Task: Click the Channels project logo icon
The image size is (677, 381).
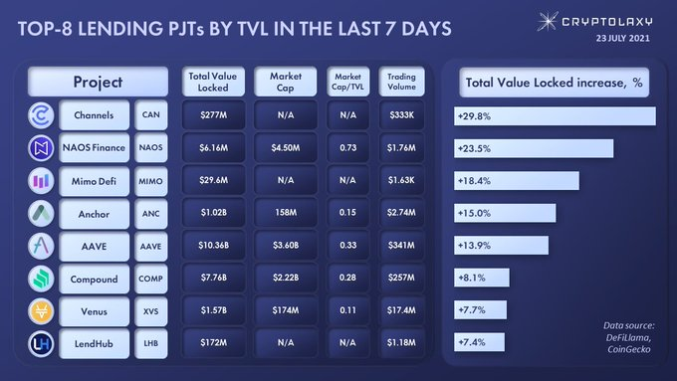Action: [41, 115]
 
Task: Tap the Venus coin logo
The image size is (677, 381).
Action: [41, 311]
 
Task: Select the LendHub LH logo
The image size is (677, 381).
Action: [41, 344]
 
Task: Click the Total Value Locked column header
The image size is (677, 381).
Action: [213, 82]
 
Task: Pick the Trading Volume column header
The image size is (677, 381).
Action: [401, 82]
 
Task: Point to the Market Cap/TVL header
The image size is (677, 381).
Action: [348, 82]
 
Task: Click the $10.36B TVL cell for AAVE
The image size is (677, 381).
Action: [213, 246]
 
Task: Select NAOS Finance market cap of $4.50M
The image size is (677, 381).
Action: [286, 148]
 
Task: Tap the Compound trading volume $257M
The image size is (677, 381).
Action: [401, 278]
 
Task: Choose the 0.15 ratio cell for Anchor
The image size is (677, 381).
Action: [348, 213]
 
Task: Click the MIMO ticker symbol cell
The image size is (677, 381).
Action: [150, 181]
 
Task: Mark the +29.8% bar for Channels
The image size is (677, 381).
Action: [555, 116]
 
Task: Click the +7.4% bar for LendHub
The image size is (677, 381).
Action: [479, 342]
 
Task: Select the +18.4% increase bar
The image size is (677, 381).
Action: [517, 181]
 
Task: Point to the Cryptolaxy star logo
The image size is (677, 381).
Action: [547, 21]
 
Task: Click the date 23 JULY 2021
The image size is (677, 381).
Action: [622, 38]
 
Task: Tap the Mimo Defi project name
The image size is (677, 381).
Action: [95, 181]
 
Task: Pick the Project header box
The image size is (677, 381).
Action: [98, 82]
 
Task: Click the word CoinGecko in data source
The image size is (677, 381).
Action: [628, 349]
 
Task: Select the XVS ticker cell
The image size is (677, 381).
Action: [150, 311]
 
